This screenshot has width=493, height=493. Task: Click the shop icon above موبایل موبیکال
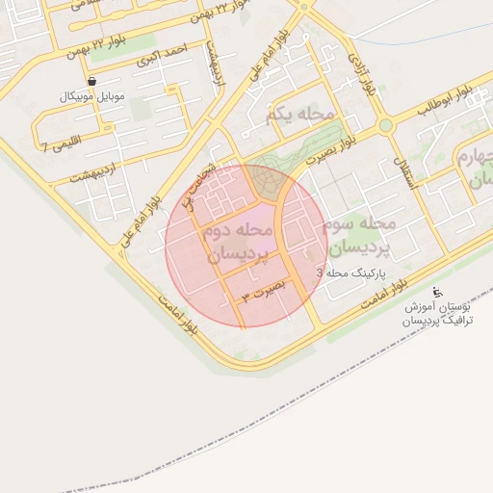tap(91, 82)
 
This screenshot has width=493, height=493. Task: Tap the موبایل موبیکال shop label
tap(90, 97)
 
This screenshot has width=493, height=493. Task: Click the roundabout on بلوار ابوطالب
tap(386, 125)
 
